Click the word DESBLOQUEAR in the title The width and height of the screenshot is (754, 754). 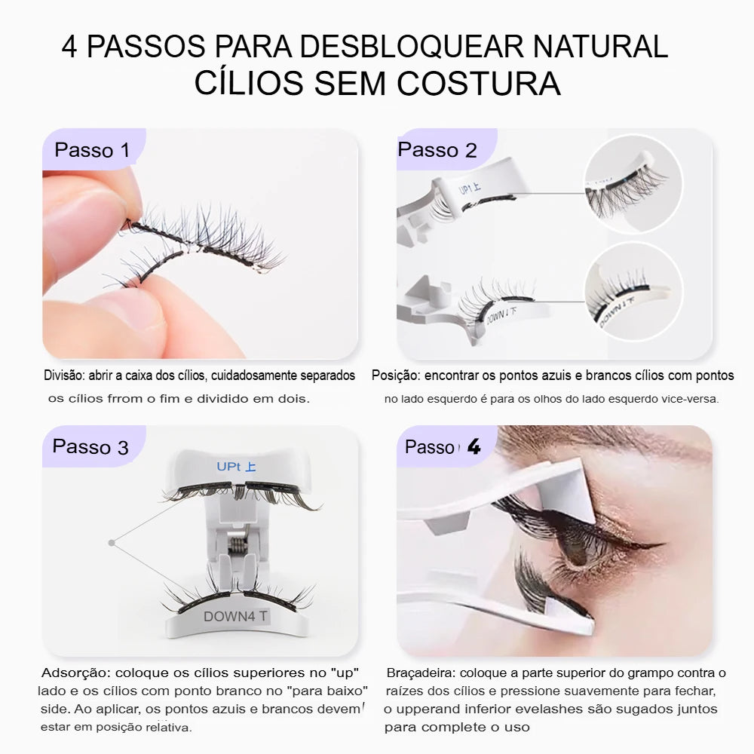(412, 47)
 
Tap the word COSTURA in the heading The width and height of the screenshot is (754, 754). (479, 83)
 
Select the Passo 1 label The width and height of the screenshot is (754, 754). (92, 150)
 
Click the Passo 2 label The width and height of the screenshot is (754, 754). (437, 150)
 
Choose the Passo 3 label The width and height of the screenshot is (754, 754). (90, 446)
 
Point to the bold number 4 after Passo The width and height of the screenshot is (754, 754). (474, 446)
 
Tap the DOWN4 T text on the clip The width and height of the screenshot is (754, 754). (235, 617)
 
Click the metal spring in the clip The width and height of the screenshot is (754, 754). (237, 545)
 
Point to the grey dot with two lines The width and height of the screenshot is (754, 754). (112, 543)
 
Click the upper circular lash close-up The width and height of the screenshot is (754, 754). (633, 184)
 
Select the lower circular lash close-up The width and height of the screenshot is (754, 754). (634, 292)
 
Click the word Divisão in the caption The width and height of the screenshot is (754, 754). (64, 375)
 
